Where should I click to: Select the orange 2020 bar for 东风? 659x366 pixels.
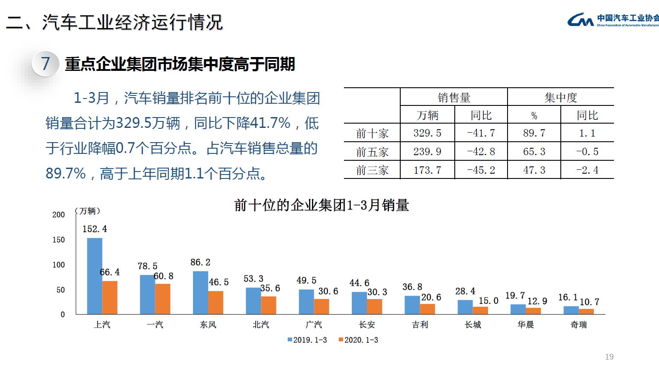(x=215, y=302)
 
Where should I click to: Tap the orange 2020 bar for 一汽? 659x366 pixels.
(x=163, y=299)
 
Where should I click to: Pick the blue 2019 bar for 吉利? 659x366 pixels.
(x=412, y=305)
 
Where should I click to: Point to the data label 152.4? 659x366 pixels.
(x=95, y=229)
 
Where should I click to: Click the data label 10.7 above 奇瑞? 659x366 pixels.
(x=589, y=302)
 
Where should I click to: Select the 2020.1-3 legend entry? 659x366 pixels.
(x=359, y=340)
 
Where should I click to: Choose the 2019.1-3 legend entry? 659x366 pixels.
(x=308, y=340)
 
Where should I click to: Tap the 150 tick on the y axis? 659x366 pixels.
(x=58, y=240)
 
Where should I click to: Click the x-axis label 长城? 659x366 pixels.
(x=473, y=325)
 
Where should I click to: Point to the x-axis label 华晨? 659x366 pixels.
(x=526, y=325)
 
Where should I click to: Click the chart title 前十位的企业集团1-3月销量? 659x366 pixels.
(x=321, y=205)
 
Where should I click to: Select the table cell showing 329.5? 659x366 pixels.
(x=427, y=133)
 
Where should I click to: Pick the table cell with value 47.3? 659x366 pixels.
(x=534, y=170)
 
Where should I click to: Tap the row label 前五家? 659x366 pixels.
(x=372, y=152)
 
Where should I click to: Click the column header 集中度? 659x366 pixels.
(x=561, y=98)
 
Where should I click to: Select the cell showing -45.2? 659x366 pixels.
(x=481, y=170)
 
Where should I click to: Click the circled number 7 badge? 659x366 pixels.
(x=45, y=64)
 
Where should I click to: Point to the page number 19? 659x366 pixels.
(x=609, y=356)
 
